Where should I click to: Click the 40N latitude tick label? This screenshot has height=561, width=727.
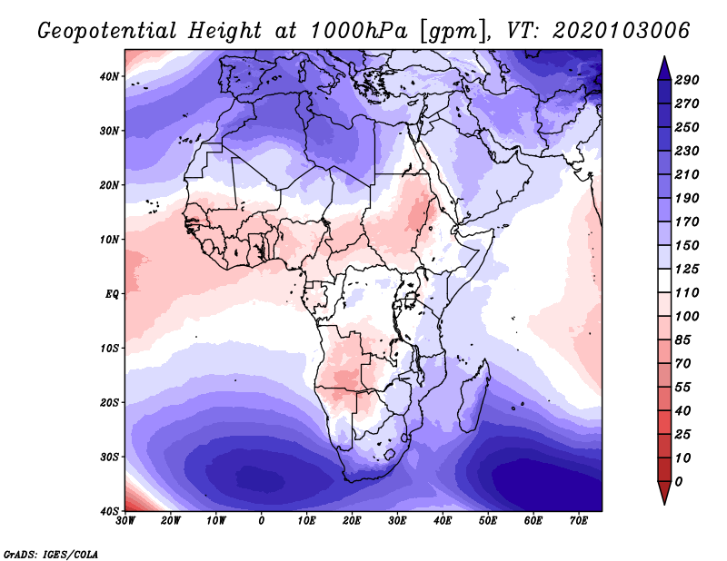pos(108,76)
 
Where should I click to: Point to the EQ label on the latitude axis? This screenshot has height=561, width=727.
pos(109,294)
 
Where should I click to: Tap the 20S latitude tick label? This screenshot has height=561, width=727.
pos(108,403)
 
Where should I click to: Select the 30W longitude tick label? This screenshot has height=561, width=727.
pos(125,520)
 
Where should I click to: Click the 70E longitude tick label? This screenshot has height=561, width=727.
pos(579,520)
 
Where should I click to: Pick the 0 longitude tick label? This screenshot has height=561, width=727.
pos(262,520)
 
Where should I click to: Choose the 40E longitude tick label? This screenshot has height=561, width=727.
pos(443,520)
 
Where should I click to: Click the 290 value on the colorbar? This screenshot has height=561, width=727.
pos(687,81)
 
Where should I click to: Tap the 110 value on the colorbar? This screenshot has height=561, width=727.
pos(687,294)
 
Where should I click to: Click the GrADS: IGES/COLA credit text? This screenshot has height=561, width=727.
pos(51,552)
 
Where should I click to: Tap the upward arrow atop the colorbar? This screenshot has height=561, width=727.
pos(663,66)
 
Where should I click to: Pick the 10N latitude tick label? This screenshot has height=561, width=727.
pos(108,240)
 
